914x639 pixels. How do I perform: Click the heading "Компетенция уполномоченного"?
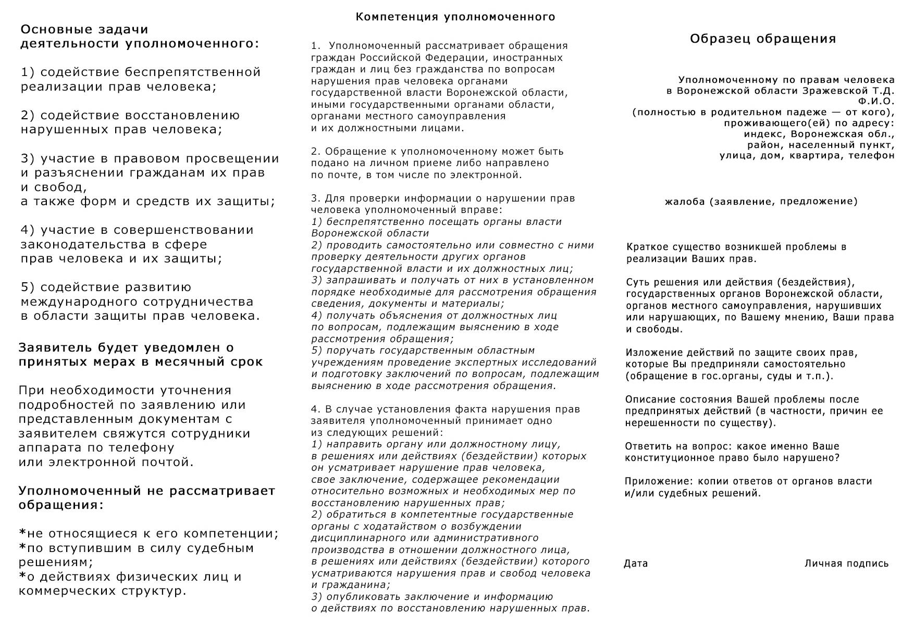(455, 17)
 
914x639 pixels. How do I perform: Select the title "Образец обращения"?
(763, 39)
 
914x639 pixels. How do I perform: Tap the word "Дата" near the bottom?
(636, 563)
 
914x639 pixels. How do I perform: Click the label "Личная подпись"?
(846, 563)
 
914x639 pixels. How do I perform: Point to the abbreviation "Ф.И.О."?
(876, 101)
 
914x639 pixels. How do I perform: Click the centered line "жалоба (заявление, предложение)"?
(761, 202)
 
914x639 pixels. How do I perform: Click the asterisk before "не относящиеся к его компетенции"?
(22, 533)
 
